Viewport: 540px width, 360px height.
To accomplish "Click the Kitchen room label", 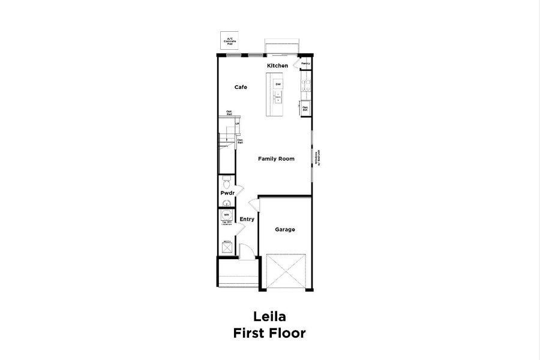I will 277,65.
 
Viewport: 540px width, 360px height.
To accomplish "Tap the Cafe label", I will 241,88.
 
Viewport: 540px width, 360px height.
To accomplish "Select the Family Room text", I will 276,159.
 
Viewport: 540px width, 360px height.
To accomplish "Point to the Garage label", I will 284,229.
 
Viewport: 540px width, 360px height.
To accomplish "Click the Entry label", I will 247,219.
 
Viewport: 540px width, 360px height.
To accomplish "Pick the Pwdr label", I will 227,193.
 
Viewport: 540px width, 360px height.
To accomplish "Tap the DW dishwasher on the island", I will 278,85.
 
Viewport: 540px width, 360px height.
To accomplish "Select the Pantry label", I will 305,63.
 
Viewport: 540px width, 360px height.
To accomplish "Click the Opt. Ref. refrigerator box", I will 305,109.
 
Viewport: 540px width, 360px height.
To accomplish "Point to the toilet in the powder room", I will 226,181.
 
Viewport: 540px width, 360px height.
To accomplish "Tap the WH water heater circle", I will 226,215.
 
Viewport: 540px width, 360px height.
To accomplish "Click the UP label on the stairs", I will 238,124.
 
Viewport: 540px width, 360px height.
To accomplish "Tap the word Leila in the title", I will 269,317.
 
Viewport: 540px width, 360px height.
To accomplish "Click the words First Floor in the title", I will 269,333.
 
